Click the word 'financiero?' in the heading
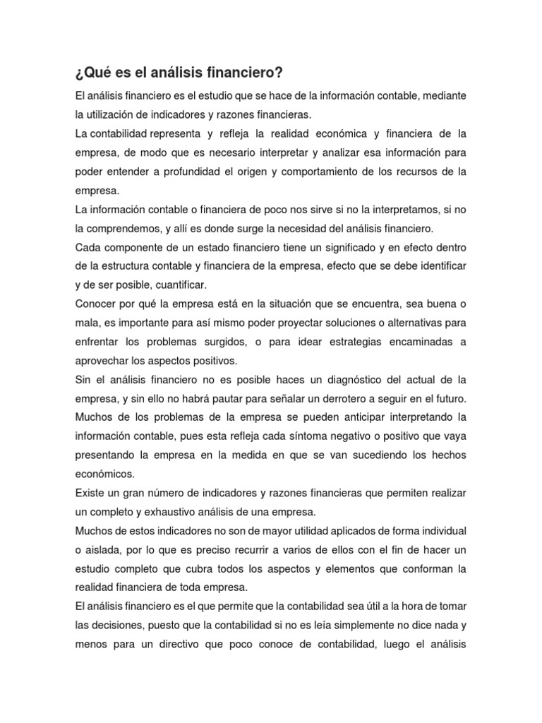pos(242,73)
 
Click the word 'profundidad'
pos(188,172)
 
